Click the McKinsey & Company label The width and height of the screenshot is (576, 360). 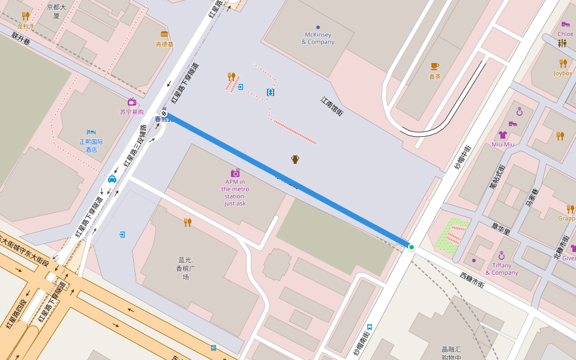point(317,38)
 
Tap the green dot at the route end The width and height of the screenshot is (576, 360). point(412,247)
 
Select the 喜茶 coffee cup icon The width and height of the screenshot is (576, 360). point(434,66)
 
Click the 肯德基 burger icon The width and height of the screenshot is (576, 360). point(164,34)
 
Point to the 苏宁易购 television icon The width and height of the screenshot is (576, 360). point(131,102)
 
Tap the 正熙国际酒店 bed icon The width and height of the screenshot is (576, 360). point(91,132)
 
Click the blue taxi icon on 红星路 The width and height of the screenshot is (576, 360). point(112,179)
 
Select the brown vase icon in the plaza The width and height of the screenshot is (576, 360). point(295,159)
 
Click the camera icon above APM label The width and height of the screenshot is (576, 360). point(235,173)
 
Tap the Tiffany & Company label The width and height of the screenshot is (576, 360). point(502,269)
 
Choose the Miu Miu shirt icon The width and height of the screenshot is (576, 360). point(502,135)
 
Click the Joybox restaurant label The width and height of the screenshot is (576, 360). point(563,73)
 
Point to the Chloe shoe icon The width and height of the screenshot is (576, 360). point(565,24)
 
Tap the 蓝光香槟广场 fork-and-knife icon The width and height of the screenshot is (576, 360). point(188,223)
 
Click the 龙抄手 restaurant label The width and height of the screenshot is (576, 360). point(26,26)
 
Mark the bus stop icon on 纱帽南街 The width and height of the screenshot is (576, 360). point(370,327)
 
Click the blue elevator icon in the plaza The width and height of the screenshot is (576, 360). point(271,92)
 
